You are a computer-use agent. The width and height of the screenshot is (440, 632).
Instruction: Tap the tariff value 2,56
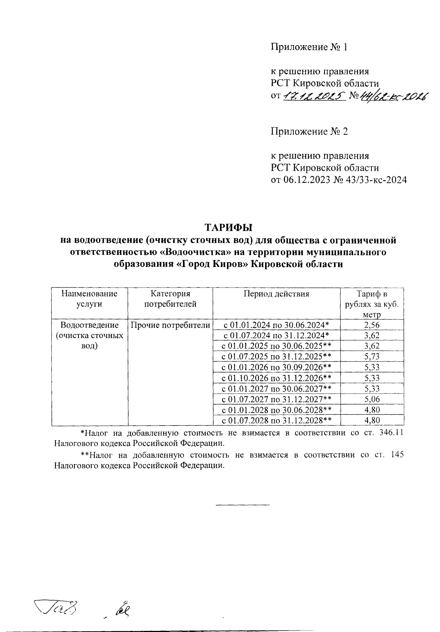(372, 325)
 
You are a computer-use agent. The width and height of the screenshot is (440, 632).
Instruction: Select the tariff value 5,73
(372, 357)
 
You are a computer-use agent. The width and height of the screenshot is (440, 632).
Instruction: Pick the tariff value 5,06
(372, 399)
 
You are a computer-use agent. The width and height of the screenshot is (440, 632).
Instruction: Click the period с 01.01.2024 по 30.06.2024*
(276, 325)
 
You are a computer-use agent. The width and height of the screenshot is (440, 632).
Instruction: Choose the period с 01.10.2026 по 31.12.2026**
(276, 378)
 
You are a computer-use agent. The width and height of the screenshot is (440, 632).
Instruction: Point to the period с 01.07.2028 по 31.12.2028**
(276, 420)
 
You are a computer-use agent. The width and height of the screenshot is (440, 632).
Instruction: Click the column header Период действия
(276, 294)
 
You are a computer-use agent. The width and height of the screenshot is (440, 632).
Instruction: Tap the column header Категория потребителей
(170, 299)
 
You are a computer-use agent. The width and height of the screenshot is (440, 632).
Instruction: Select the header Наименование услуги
(89, 299)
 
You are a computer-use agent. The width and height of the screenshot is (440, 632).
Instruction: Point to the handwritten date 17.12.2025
(314, 96)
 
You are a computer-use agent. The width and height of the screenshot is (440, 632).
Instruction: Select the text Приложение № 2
(309, 131)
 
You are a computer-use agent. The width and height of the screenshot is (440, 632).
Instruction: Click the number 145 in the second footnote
(396, 455)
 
